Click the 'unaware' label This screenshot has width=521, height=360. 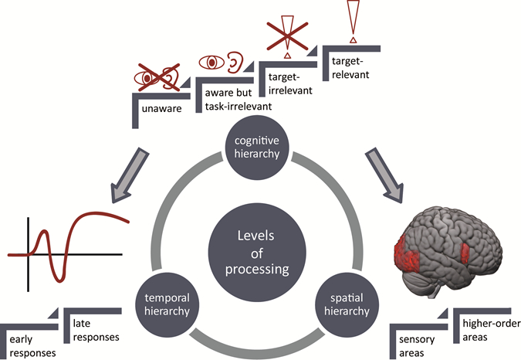click(163, 110)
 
